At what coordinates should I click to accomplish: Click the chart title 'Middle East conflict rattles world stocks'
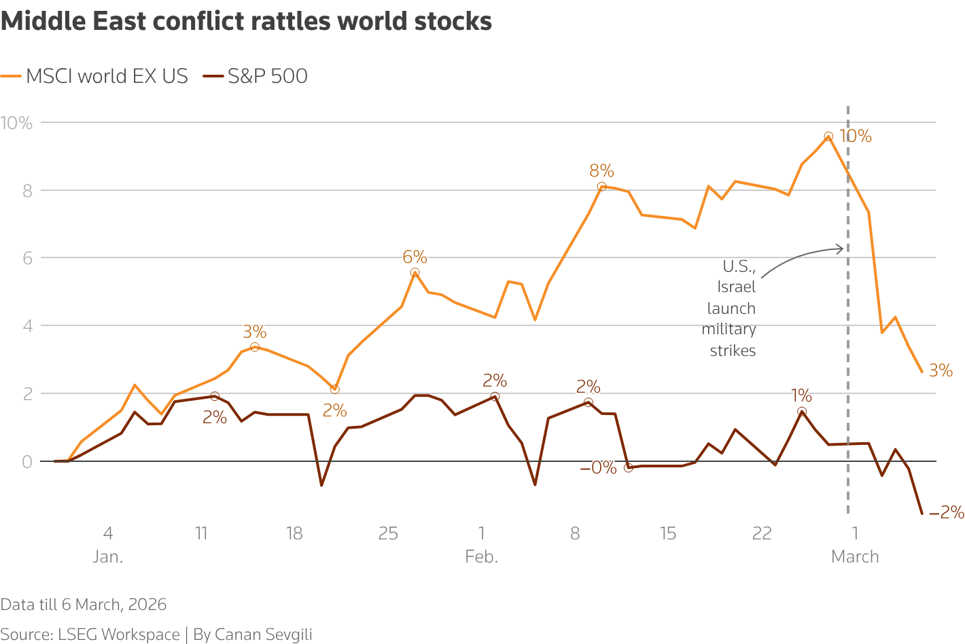click(x=246, y=22)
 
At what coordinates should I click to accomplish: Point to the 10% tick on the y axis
click(x=17, y=123)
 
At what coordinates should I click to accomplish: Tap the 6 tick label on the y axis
click(x=27, y=258)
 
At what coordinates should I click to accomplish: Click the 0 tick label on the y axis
click(x=27, y=462)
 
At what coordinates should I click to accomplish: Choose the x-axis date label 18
click(x=294, y=533)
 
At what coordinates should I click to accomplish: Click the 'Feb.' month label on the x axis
click(x=481, y=557)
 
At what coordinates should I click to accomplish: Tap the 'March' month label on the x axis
click(x=855, y=557)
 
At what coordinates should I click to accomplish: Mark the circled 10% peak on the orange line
click(x=828, y=137)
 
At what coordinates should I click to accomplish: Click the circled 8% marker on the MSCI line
click(x=601, y=187)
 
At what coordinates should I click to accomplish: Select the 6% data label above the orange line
click(x=415, y=257)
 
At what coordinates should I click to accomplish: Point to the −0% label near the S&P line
click(x=598, y=467)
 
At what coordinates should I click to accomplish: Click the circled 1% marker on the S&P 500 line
click(x=802, y=412)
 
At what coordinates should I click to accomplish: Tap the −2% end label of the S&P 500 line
click(x=947, y=512)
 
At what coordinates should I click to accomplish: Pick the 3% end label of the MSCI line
click(x=941, y=371)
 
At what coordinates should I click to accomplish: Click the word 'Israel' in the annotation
click(x=737, y=287)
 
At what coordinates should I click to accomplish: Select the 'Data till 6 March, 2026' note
click(x=83, y=605)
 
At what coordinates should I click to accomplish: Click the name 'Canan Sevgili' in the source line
click(x=263, y=634)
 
